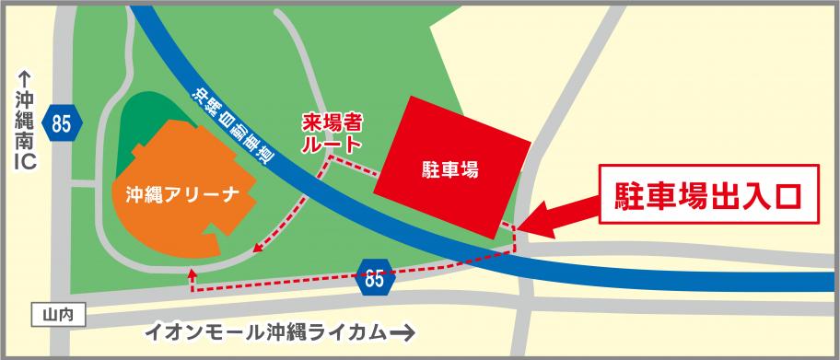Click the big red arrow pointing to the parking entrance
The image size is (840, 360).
click(562, 215)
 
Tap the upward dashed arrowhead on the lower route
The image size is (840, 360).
click(192, 273)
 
